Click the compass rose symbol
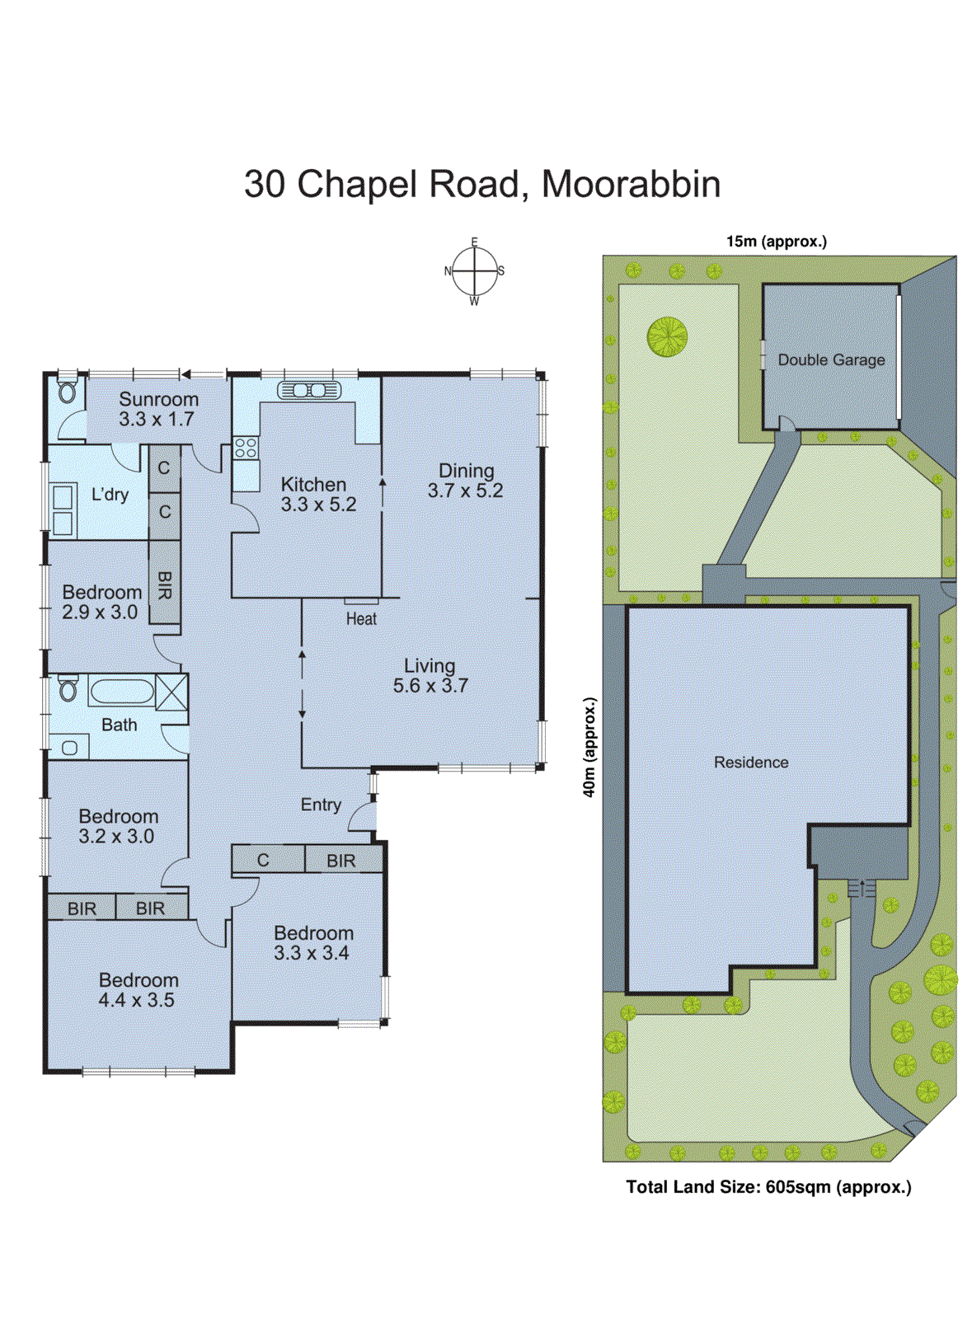pyautogui.click(x=475, y=271)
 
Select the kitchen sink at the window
pyautogui.click(x=309, y=390)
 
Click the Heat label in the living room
pyautogui.click(x=361, y=618)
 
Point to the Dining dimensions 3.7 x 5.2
pyautogui.click(x=465, y=491)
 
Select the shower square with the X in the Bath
pyautogui.click(x=171, y=691)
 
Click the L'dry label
pyautogui.click(x=110, y=495)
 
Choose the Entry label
pyautogui.click(x=321, y=805)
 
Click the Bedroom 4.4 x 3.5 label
pyautogui.click(x=138, y=990)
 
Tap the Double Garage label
pyautogui.click(x=831, y=360)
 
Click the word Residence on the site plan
pyautogui.click(x=751, y=763)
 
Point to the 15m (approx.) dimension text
pyautogui.click(x=776, y=242)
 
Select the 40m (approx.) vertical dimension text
pyautogui.click(x=589, y=747)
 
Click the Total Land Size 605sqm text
pyautogui.click(x=768, y=1187)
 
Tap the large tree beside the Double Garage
pyautogui.click(x=667, y=336)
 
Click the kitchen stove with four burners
pyautogui.click(x=246, y=448)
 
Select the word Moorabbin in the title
pyautogui.click(x=631, y=184)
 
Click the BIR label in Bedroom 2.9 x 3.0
pyautogui.click(x=165, y=585)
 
